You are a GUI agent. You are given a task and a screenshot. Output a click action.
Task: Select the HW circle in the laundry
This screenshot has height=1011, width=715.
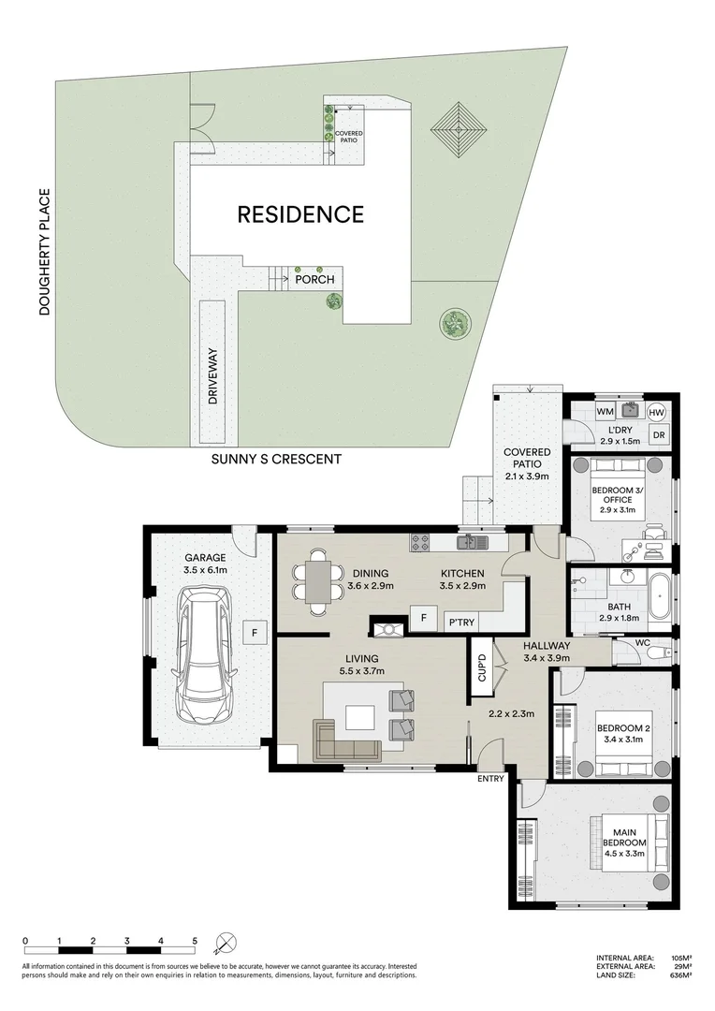[656, 412]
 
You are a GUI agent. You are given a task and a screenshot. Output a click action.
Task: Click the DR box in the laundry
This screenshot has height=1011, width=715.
[657, 435]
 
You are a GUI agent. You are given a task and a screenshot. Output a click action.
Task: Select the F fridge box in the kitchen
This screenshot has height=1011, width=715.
[423, 618]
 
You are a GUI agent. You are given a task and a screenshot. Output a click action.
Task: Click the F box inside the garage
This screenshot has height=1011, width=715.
[254, 633]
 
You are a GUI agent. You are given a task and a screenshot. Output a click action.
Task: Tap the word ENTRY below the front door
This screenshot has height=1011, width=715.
[490, 779]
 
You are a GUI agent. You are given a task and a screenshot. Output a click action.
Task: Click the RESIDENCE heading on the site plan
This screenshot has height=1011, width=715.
[299, 214]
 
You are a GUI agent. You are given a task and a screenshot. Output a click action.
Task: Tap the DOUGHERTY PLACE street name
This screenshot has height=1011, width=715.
[44, 253]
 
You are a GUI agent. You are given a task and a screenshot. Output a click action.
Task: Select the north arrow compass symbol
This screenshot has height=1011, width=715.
[226, 942]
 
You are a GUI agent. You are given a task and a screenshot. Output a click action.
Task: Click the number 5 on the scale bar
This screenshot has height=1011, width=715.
[195, 941]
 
